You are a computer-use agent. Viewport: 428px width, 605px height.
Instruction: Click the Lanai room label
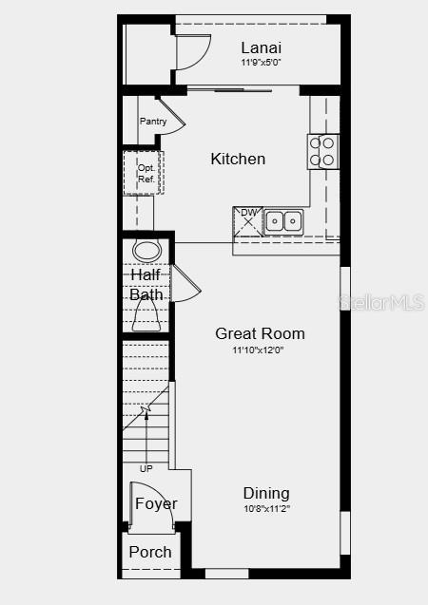261,47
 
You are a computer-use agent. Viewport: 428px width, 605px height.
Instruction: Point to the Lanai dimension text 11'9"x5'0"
261,63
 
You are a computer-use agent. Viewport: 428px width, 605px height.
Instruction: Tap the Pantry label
153,122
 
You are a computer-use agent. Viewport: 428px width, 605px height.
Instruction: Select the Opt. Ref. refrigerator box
145,173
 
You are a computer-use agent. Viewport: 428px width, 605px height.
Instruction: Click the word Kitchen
238,159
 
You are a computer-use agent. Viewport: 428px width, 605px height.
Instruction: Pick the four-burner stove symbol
322,151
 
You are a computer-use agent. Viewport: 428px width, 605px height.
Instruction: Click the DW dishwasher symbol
248,220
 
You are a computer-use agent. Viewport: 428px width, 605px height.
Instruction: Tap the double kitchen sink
283,221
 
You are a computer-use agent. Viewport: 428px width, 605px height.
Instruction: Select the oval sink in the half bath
146,251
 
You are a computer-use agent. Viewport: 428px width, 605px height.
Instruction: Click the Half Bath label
146,285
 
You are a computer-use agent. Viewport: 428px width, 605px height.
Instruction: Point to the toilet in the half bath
146,316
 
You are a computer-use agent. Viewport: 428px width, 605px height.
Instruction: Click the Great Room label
260,333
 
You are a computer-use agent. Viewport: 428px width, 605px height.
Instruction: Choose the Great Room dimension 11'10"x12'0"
259,350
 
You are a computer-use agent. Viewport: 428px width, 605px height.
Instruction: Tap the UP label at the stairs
146,468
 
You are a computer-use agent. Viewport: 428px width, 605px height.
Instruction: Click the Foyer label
156,503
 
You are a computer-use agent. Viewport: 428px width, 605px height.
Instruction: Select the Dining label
266,493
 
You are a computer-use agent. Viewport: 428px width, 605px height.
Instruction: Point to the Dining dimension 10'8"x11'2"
266,508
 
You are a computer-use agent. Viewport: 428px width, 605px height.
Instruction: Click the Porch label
150,552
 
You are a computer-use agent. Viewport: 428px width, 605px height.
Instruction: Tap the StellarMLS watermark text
384,303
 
